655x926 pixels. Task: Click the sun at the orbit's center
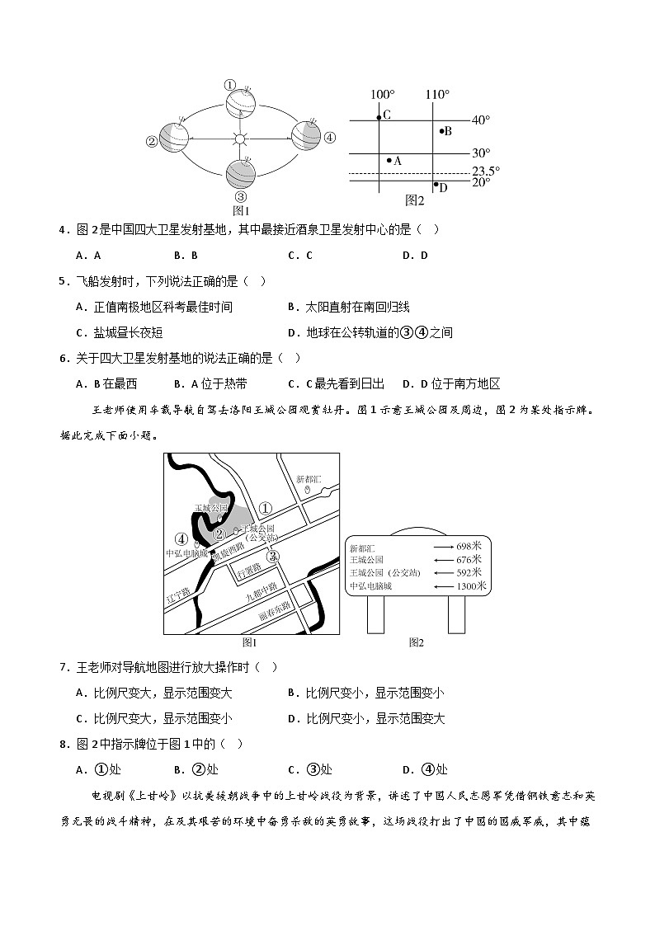[240, 139]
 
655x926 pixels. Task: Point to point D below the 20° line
[436, 185]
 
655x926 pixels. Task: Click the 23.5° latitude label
[486, 172]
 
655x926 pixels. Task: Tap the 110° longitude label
[436, 94]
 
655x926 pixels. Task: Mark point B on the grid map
[441, 130]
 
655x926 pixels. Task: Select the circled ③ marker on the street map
[273, 556]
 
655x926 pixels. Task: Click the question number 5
[63, 281]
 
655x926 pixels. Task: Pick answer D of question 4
[415, 255]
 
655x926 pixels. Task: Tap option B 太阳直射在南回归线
[349, 307]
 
